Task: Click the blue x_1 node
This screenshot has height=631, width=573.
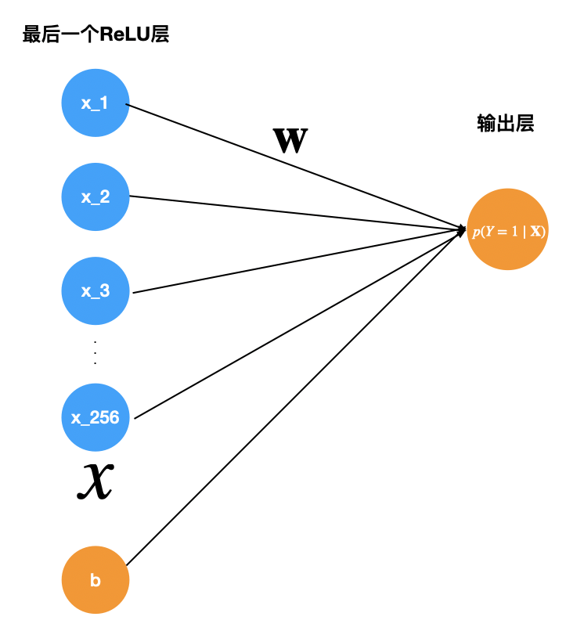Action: point(95,103)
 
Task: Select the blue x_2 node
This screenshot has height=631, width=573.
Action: point(95,197)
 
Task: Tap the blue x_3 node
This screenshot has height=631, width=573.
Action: point(95,290)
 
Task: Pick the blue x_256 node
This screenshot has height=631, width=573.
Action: point(95,417)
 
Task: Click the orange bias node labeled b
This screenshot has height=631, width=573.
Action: point(95,580)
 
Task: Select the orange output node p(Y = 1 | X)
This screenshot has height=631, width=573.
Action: point(507,229)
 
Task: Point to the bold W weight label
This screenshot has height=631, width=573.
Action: point(290,141)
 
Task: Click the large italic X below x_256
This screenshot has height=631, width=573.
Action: point(95,480)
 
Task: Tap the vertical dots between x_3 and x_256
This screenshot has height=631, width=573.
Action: point(95,353)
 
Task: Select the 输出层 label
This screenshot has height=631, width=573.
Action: point(505,124)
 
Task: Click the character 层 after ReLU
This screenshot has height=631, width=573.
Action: point(160,35)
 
